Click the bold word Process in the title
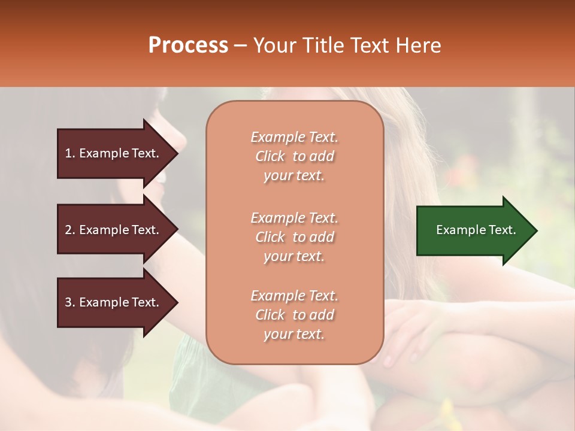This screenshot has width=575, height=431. pyautogui.click(x=188, y=45)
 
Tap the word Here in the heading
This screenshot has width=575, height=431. pyautogui.click(x=419, y=45)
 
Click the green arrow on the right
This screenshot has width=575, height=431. pyautogui.click(x=473, y=230)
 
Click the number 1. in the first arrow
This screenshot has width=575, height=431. pyautogui.click(x=70, y=153)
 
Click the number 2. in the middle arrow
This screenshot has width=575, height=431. pyautogui.click(x=70, y=230)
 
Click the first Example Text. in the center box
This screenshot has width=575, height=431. pyautogui.click(x=294, y=137)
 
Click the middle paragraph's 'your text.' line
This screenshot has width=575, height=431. pyautogui.click(x=294, y=256)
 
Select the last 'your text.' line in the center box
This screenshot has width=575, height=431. pyautogui.click(x=294, y=335)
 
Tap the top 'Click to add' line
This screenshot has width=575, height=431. pyautogui.click(x=294, y=156)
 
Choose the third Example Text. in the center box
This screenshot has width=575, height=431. pyautogui.click(x=294, y=296)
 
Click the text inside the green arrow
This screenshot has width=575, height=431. pyautogui.click(x=476, y=230)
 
